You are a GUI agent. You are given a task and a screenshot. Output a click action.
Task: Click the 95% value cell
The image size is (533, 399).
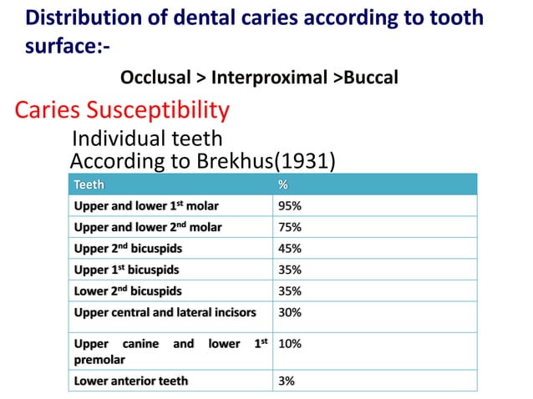(290, 205)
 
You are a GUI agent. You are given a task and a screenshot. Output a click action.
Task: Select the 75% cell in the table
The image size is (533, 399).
(290, 227)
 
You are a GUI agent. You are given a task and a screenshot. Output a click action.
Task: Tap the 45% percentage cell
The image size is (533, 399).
(290, 249)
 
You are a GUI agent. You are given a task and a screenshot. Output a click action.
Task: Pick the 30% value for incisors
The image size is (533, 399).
(290, 313)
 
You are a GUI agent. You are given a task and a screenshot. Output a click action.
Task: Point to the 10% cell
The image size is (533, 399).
(290, 343)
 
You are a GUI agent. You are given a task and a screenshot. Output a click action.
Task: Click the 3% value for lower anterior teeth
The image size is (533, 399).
(287, 381)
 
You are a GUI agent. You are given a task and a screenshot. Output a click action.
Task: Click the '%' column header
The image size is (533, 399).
(282, 184)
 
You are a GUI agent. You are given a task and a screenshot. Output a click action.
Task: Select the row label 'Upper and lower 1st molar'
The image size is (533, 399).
(148, 205)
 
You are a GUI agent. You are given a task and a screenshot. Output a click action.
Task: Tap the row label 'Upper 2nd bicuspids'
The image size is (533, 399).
(128, 249)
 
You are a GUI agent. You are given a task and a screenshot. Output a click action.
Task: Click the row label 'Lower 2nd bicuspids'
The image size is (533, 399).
(128, 291)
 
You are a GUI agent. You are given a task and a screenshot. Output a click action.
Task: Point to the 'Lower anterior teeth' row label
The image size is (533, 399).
(131, 381)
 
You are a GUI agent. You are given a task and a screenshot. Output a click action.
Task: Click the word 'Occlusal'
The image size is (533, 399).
(156, 78)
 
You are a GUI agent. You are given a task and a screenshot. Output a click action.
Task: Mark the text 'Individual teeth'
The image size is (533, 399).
(148, 138)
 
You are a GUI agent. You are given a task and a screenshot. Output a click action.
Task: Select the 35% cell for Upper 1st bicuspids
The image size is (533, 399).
(290, 270)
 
